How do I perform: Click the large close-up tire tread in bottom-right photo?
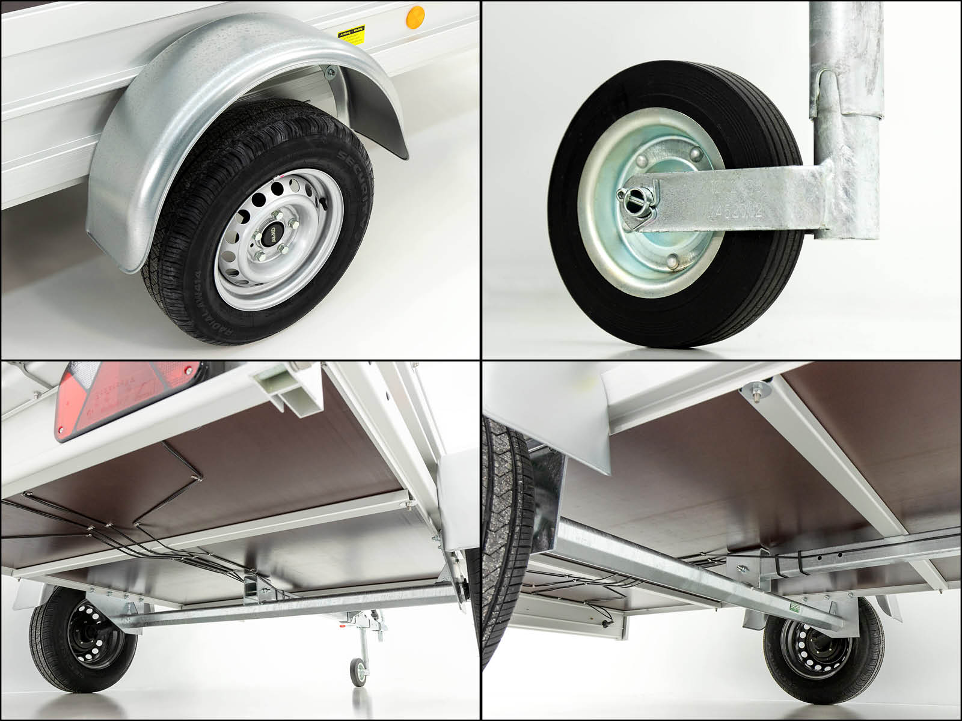point(505,529)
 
